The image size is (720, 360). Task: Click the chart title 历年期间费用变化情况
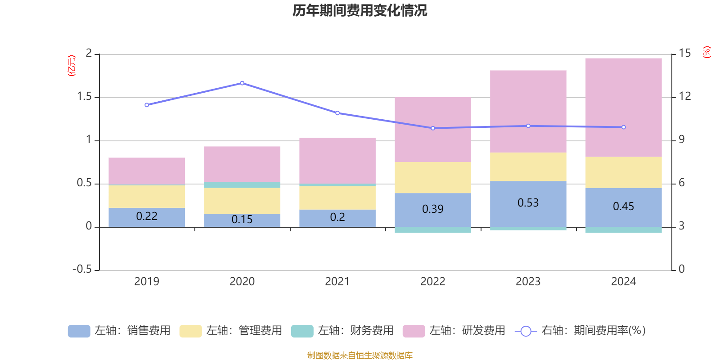click(360, 10)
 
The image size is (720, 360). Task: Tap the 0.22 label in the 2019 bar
click(147, 216)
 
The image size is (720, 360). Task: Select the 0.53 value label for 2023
click(528, 203)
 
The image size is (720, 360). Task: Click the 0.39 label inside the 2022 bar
click(432, 209)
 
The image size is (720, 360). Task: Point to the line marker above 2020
click(242, 83)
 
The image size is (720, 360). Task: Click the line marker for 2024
click(623, 127)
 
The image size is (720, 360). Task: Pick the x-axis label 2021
click(337, 282)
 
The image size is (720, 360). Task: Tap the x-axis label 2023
click(528, 282)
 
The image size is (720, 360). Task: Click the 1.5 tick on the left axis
click(84, 97)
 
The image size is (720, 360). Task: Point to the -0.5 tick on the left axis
click(82, 269)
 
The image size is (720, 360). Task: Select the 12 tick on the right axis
click(685, 96)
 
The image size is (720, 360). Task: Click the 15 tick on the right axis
click(685, 53)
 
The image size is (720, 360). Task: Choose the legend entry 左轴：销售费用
click(119, 331)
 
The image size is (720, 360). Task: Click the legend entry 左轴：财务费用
click(342, 331)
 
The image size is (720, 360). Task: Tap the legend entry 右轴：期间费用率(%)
click(580, 331)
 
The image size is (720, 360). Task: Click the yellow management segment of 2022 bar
click(432, 177)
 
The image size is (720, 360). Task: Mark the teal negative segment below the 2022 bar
click(432, 230)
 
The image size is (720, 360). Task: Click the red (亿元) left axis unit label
click(71, 66)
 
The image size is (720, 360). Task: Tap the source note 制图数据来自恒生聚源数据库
click(360, 355)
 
